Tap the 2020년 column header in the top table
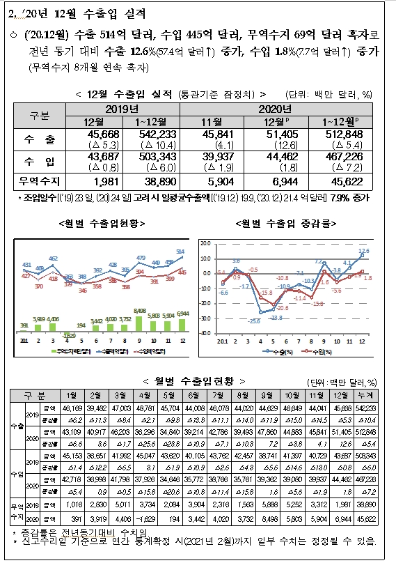point(278,109)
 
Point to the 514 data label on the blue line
point(180,252)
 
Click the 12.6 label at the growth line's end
point(363,251)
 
